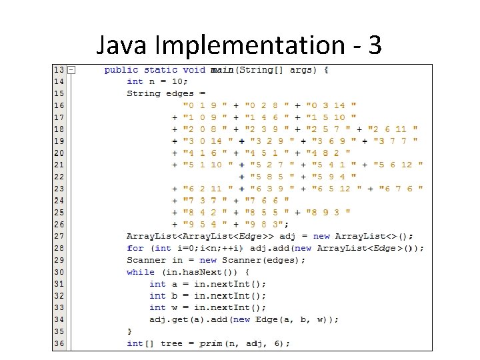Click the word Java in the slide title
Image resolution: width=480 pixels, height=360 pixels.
point(123,45)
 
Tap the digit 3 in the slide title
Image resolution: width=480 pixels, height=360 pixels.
point(374,45)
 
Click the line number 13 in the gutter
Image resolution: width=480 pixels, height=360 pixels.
point(59,70)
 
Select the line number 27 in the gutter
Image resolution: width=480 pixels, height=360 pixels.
point(59,236)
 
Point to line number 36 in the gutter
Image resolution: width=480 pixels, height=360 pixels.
point(59,343)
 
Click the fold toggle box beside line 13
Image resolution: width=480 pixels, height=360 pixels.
point(71,70)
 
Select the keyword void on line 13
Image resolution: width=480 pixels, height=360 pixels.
point(194,70)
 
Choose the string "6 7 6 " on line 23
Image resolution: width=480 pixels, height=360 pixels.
point(401,189)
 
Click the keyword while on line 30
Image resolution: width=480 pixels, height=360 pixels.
point(140,272)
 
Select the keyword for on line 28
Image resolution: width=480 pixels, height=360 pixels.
point(135,248)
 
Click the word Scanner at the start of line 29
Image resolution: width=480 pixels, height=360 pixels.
point(146,260)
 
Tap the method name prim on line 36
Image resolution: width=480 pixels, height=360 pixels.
point(211,343)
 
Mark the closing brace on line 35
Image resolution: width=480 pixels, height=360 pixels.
point(129,331)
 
